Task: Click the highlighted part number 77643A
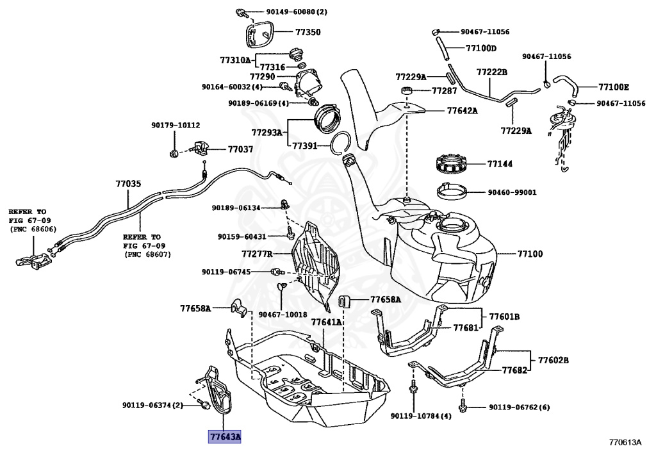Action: coord(224,438)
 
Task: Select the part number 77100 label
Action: coord(530,254)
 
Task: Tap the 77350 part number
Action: coord(308,31)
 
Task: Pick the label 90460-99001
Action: coord(511,192)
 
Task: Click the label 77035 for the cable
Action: coord(127,183)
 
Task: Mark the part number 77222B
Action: coord(492,72)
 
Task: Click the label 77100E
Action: coord(614,86)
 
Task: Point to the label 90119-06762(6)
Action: coord(519,407)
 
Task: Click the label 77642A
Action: coord(462,110)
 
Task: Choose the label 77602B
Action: coord(553,360)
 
